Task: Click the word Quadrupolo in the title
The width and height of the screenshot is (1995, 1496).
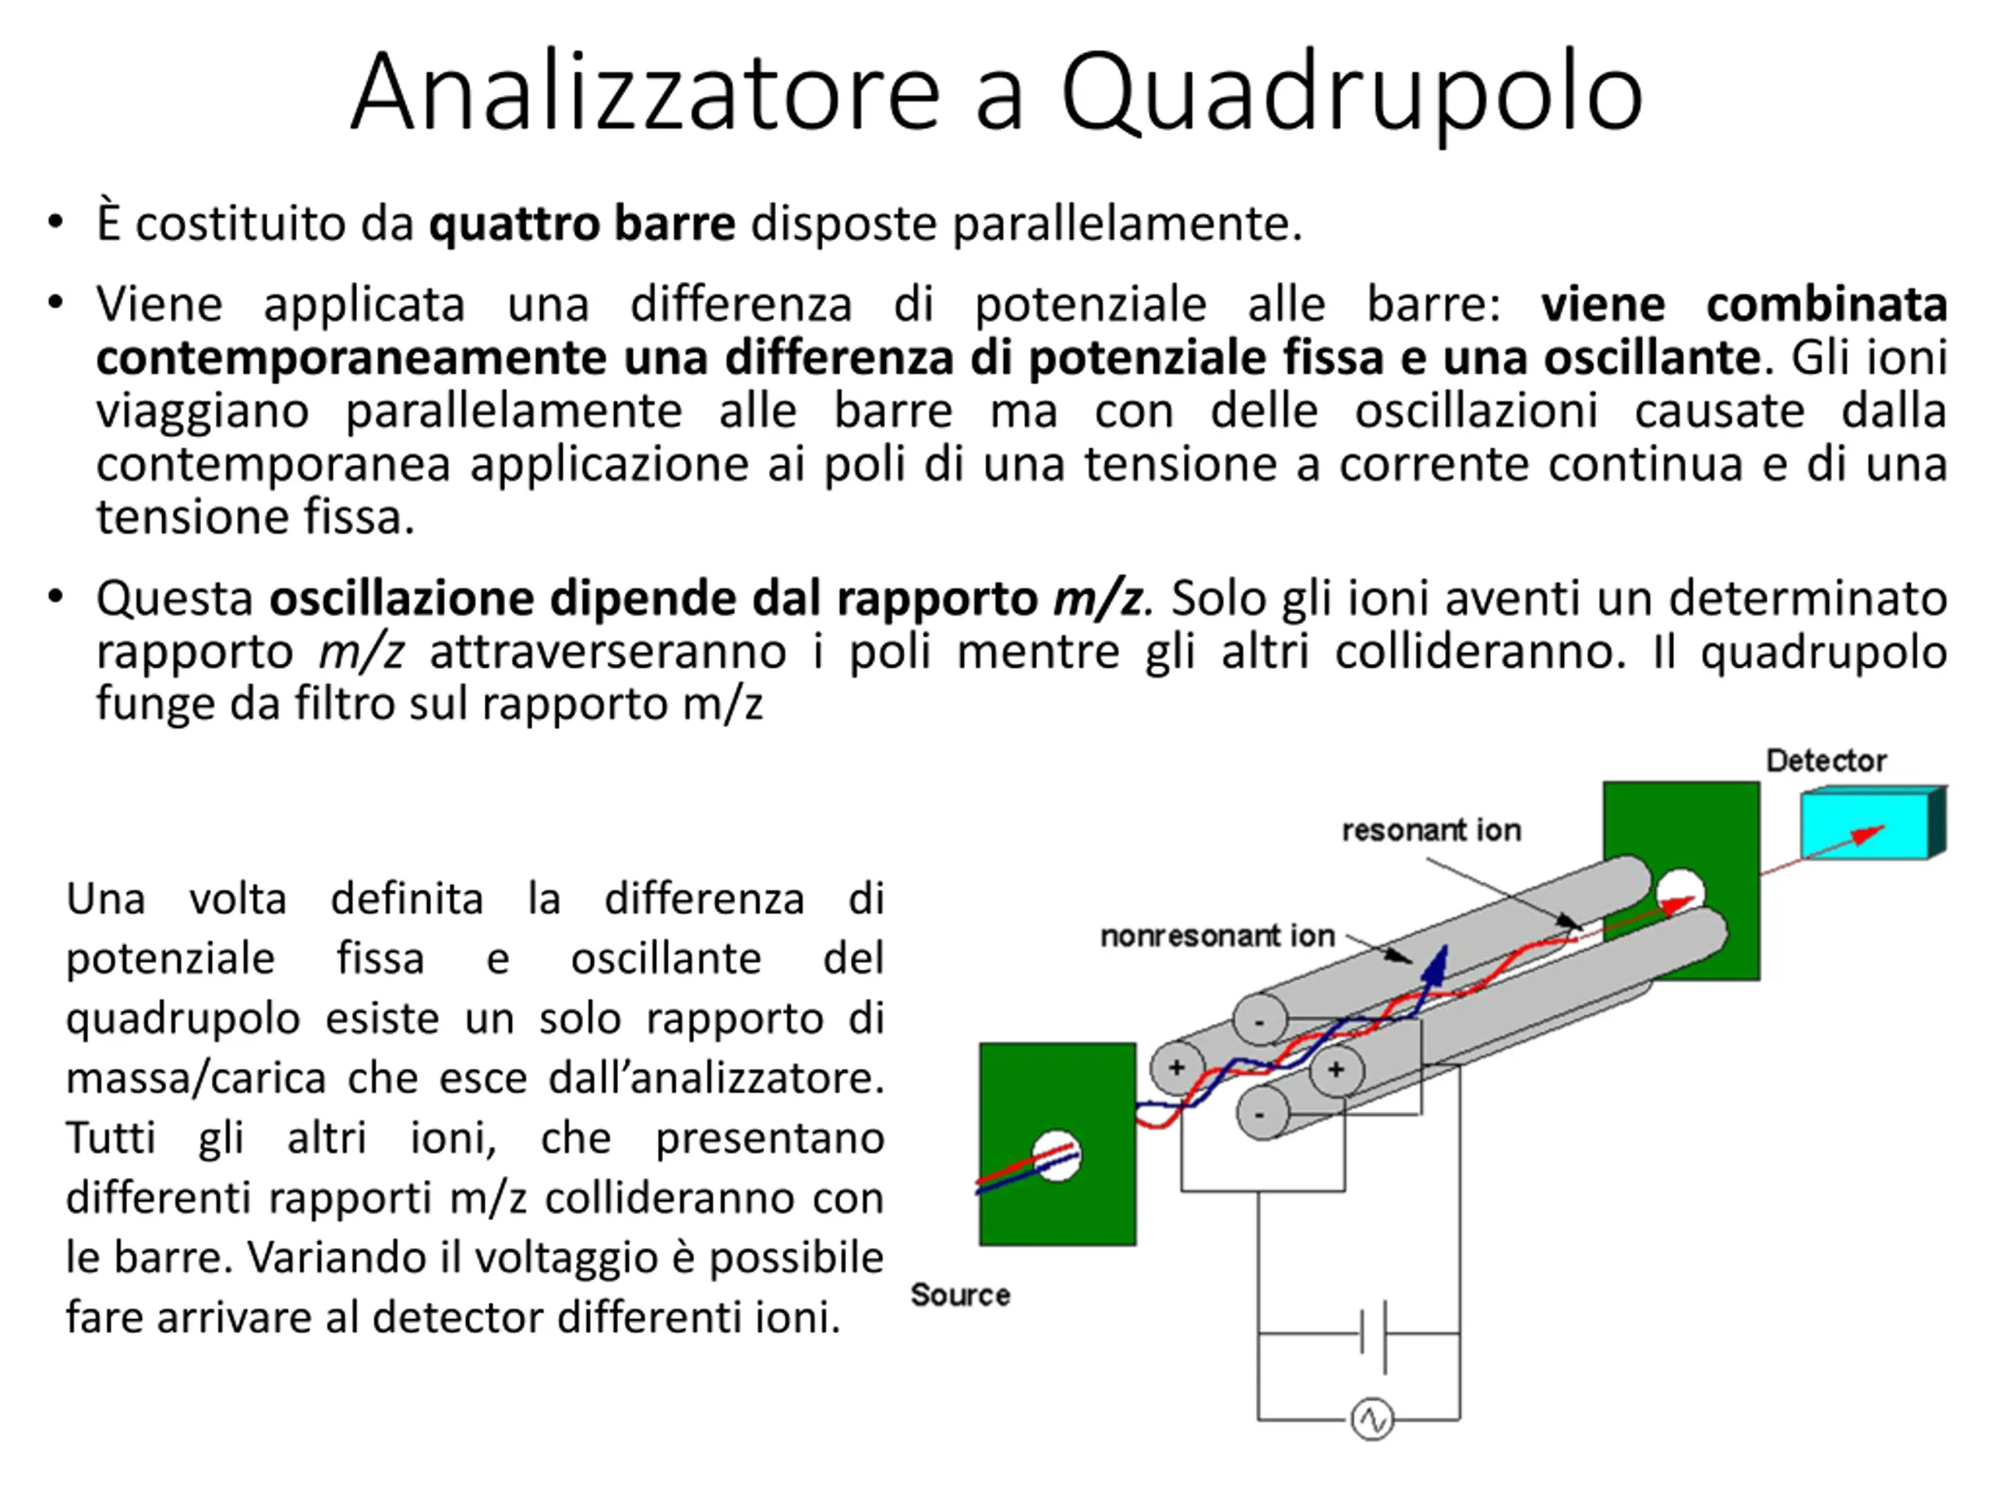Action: click(1352, 93)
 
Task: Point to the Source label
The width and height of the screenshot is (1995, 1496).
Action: click(961, 1295)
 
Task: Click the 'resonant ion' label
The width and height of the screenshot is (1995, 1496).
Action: click(1432, 830)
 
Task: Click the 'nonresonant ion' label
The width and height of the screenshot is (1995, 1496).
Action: click(1217, 936)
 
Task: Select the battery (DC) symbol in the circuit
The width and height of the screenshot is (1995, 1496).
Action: click(1372, 1334)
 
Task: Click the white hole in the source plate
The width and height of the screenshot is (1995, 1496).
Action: click(1056, 1156)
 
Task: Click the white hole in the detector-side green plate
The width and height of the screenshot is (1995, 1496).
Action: click(1680, 891)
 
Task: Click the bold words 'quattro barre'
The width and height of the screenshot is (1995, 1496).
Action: click(581, 224)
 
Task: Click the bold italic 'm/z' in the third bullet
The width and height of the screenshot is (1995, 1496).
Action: click(1097, 598)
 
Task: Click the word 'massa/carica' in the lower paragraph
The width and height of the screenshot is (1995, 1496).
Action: click(196, 1078)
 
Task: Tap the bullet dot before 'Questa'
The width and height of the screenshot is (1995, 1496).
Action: click(56, 597)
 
